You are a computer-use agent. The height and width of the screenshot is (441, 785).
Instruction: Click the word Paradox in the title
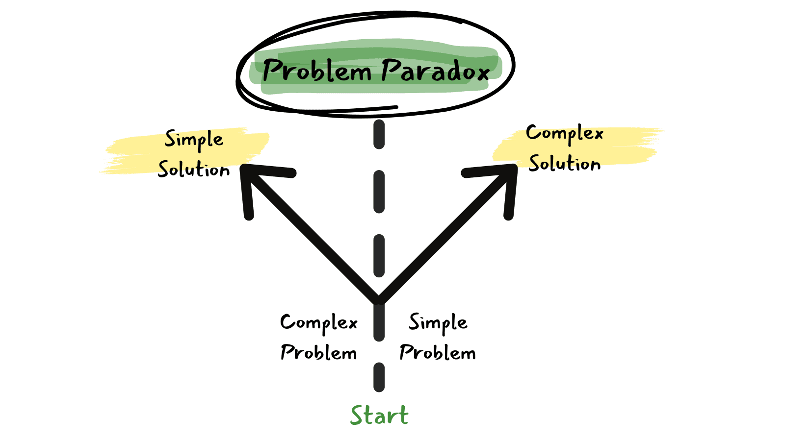436,71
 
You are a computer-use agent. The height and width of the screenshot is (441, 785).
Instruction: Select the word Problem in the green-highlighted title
317,71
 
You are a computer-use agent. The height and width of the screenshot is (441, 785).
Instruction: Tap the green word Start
379,416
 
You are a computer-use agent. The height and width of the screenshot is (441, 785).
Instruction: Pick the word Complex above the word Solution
564,133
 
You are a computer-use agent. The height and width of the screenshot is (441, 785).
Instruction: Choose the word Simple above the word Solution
194,140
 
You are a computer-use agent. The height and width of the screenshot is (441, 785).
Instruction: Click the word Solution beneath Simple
194,170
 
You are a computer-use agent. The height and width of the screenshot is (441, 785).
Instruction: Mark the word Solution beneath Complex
565,164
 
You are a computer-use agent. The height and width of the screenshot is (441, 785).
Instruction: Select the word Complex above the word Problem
319,323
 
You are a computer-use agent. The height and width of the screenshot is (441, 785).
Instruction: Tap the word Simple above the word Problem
438,323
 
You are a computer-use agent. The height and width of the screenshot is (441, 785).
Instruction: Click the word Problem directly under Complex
319,353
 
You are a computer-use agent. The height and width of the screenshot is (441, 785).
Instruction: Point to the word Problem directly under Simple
438,353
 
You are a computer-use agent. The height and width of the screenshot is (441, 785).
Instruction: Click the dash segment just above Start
379,377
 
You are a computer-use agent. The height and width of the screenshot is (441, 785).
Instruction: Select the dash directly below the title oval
379,135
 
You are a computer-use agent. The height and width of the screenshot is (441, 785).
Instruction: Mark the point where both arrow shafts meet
379,299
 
